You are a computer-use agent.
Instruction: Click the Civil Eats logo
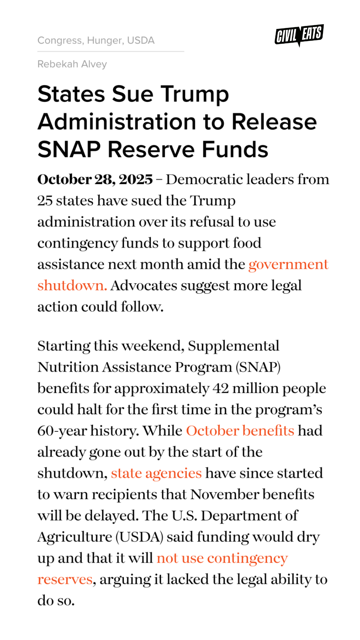coord(299,35)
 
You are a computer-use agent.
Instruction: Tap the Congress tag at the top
coord(60,40)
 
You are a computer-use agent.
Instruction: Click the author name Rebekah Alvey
coord(72,64)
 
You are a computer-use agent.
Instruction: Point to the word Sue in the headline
coord(132,94)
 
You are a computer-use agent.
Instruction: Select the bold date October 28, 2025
coord(95,180)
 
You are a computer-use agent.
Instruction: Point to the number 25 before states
coord(45,201)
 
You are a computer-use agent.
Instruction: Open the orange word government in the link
coord(288,265)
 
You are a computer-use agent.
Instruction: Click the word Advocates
coord(144,286)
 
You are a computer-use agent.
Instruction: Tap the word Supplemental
coord(233,346)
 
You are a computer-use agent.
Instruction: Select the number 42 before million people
coord(220,389)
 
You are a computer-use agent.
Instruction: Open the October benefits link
coord(240,431)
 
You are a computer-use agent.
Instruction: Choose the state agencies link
coord(156,474)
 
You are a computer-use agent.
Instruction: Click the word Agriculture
coord(75,537)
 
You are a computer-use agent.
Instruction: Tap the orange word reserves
coord(65,580)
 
